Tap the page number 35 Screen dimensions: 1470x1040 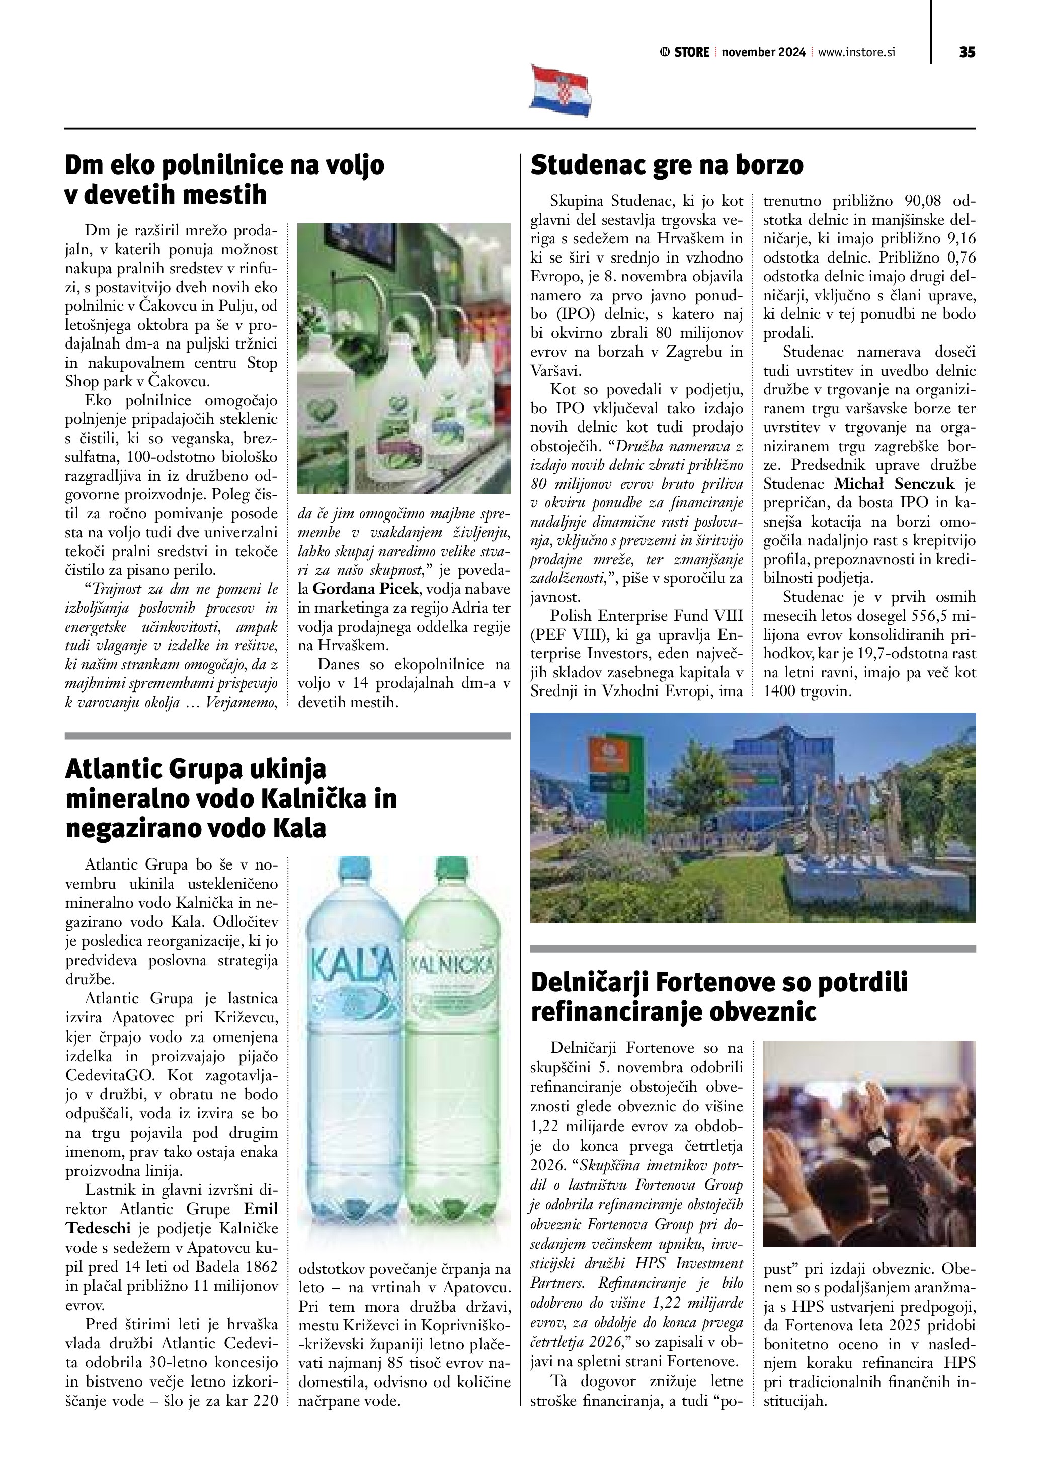click(x=967, y=52)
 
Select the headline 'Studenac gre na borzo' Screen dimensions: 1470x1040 click(x=667, y=165)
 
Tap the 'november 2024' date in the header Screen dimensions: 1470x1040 click(x=763, y=52)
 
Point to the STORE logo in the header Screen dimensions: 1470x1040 click(x=685, y=52)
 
